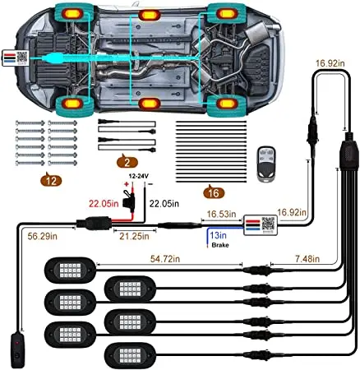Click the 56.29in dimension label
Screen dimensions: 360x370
click(x=43, y=236)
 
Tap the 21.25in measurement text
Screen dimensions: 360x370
click(x=134, y=236)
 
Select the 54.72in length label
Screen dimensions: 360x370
click(x=165, y=259)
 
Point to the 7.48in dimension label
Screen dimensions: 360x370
click(x=307, y=259)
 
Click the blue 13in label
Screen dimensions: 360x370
click(x=218, y=235)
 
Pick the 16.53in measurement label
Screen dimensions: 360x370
click(x=221, y=214)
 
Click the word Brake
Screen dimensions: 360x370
click(x=220, y=245)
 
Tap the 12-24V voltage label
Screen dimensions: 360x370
click(x=138, y=176)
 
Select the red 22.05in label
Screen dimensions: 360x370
click(x=104, y=204)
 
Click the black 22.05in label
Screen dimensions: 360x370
click(x=164, y=204)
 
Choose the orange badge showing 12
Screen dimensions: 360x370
click(x=51, y=180)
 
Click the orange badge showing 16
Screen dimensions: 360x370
click(x=214, y=193)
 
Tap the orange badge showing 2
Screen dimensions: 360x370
click(x=127, y=162)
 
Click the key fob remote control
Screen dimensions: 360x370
click(x=266, y=164)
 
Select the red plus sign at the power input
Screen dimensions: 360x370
click(x=127, y=184)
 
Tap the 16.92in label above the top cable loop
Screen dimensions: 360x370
click(x=330, y=63)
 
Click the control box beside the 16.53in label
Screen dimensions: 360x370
click(x=261, y=224)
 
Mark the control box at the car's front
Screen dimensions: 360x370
click(x=15, y=58)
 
